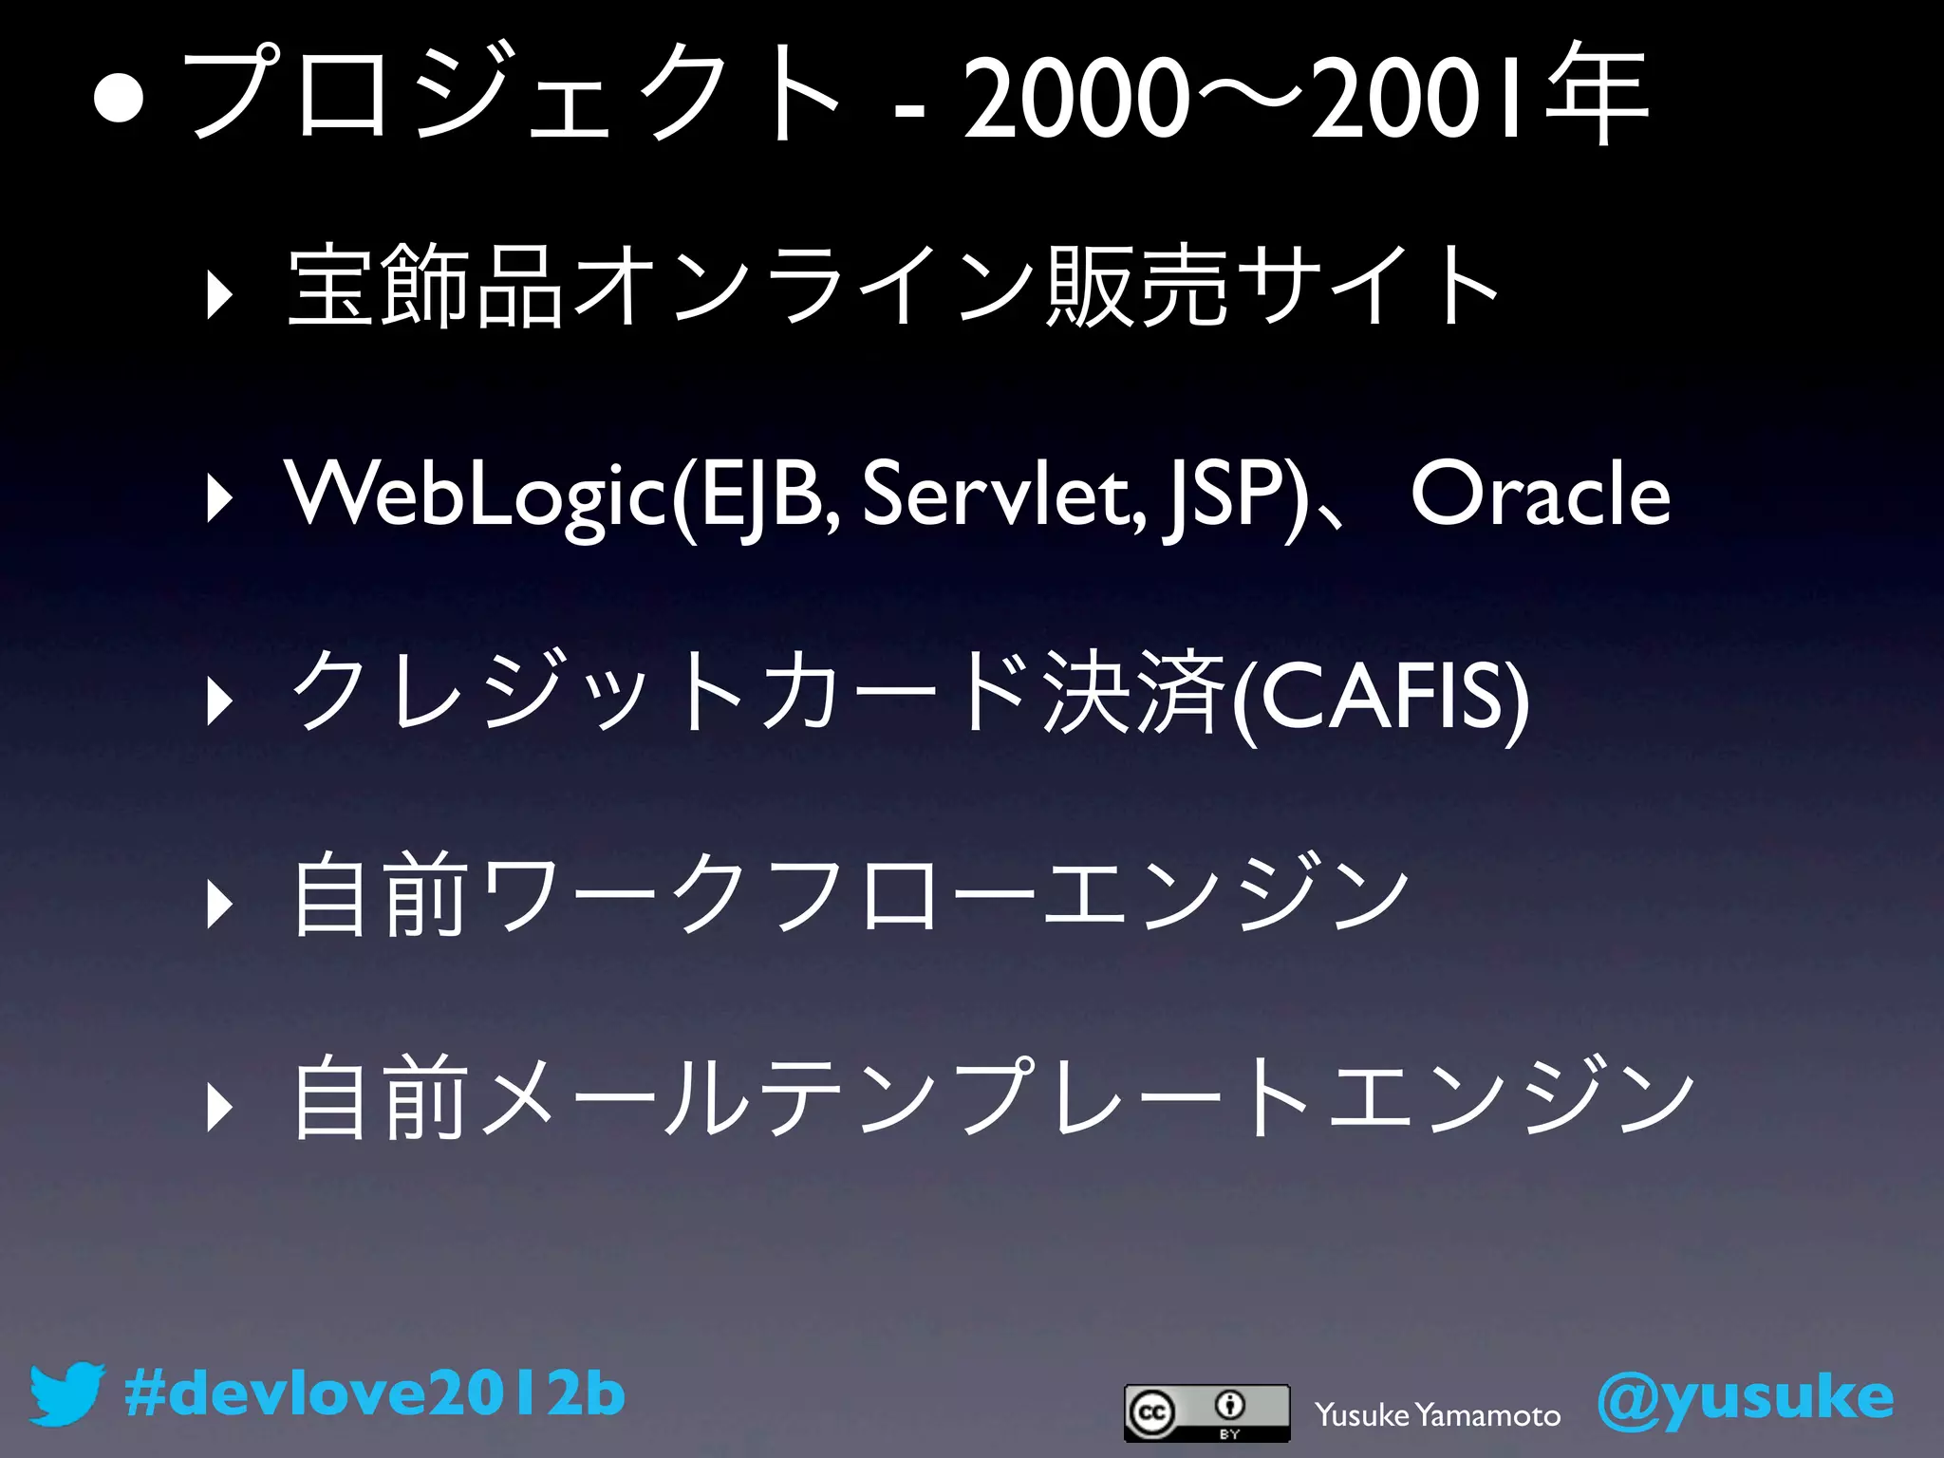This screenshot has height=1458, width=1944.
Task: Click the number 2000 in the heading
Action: [x=1075, y=98]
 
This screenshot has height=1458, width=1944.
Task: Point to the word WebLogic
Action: [x=476, y=495]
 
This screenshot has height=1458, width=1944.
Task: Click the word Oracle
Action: [x=1540, y=495]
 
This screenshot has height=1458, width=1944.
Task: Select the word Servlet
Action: [x=1007, y=495]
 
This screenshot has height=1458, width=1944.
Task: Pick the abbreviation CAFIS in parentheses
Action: [x=1381, y=698]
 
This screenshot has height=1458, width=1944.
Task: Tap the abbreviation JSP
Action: [x=1224, y=495]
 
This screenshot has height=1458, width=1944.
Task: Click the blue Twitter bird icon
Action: [x=65, y=1394]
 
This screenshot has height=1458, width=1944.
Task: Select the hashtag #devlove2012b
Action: [x=375, y=1394]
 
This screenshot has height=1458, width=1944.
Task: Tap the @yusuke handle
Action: [x=1746, y=1398]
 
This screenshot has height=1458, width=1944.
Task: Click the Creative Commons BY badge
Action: [x=1206, y=1412]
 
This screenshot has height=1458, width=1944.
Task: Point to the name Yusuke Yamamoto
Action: [x=1437, y=1415]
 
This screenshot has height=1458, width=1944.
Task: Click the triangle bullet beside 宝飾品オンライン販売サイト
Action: [x=219, y=295]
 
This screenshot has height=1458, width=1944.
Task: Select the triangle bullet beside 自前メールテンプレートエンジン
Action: [x=219, y=1107]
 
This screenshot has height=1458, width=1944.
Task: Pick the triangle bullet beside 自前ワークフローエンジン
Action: [x=219, y=903]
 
